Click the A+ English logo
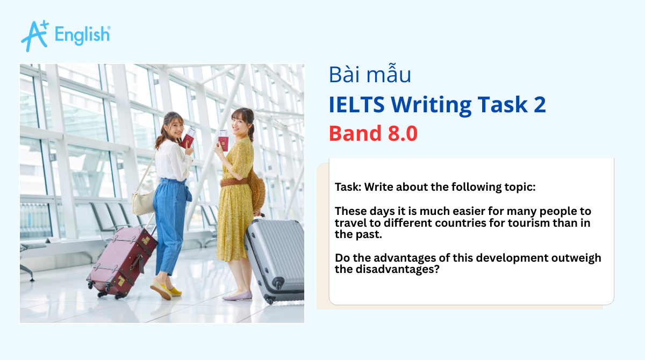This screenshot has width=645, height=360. pos(65,35)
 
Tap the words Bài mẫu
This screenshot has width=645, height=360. pos(370,75)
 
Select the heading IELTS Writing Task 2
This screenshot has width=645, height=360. pos(437,104)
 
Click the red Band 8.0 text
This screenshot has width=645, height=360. pos(373,133)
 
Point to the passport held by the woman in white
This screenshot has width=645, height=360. pos(189,139)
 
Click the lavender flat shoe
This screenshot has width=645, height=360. pos(237,296)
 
